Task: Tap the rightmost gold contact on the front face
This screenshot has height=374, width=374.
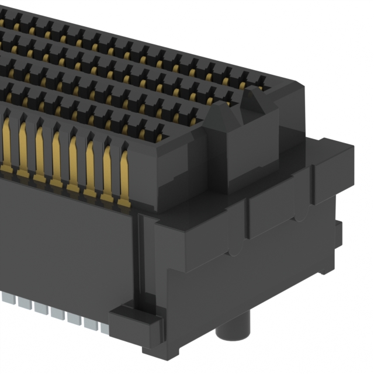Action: point(124,175)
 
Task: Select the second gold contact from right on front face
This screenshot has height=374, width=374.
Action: point(108,169)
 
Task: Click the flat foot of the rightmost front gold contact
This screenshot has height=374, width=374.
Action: point(124,203)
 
